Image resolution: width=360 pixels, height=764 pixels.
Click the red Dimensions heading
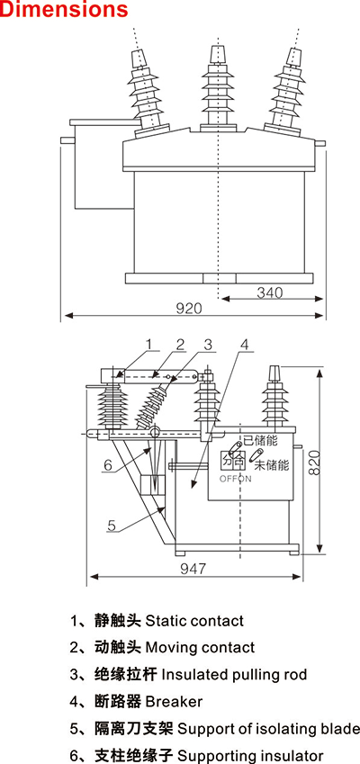click(x=64, y=11)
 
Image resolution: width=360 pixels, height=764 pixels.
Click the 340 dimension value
click(x=270, y=292)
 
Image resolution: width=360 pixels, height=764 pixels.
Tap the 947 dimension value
click(x=193, y=568)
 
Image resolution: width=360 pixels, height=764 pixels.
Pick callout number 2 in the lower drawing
click(x=180, y=344)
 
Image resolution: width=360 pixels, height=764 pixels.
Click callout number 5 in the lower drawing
click(x=112, y=526)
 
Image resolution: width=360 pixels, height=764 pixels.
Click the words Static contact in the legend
click(x=193, y=621)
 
